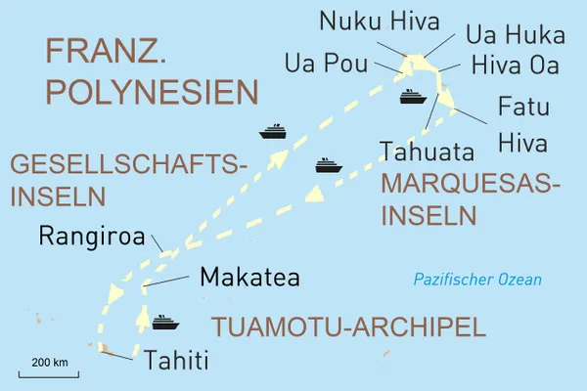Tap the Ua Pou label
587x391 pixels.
click(327, 65)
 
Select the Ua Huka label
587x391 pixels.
click(515, 37)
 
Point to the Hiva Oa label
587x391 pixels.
click(518, 65)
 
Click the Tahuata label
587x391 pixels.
click(427, 152)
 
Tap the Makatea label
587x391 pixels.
click(248, 278)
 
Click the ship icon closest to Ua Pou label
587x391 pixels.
click(411, 96)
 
